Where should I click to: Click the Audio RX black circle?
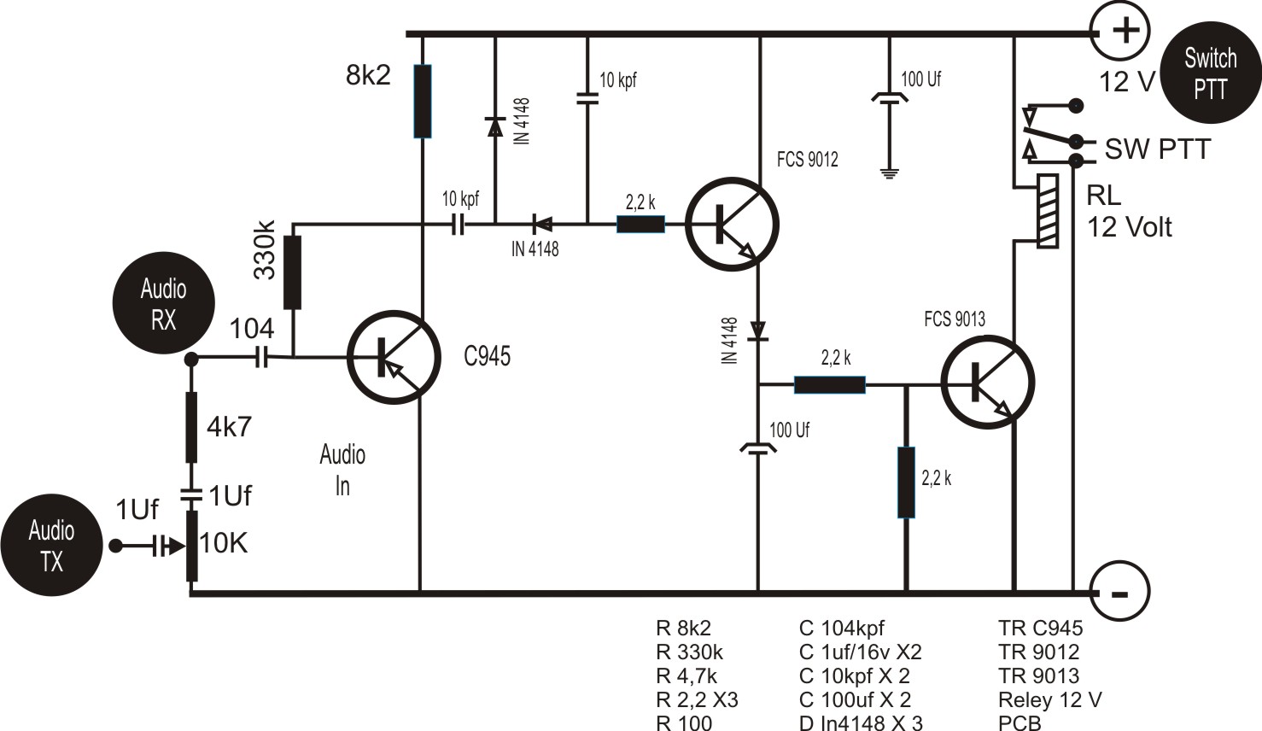163,304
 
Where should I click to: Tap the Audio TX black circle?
51,546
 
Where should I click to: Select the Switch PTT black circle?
1210,73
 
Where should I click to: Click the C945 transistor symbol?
394,357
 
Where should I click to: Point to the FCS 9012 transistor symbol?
732,224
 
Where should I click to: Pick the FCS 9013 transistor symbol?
987,382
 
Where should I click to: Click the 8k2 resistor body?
422,101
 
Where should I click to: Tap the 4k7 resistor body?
191,427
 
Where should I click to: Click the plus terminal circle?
1125,32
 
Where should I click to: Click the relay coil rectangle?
1048,211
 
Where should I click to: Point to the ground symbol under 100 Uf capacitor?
890,173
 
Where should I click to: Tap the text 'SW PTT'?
1157,149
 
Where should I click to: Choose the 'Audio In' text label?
342,470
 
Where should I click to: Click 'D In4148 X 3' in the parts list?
861,722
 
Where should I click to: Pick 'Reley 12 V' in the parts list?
1049,700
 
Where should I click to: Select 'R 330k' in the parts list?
689,652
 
